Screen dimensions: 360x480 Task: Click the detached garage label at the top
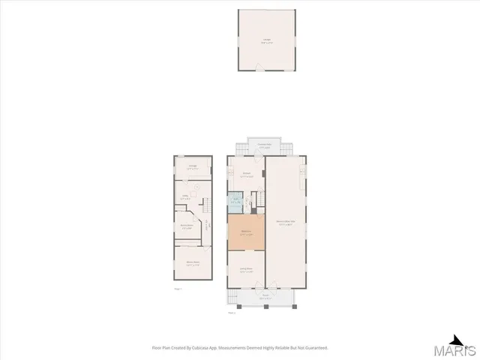point(266,39)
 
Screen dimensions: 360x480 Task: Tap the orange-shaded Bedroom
point(246,234)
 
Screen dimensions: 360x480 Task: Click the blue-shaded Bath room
point(235,201)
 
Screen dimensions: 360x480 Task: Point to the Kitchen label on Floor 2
point(246,174)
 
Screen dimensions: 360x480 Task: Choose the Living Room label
point(246,270)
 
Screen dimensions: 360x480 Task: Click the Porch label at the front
point(265,296)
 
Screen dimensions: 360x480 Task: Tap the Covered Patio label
point(264,145)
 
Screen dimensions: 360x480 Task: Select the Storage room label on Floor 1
point(193,166)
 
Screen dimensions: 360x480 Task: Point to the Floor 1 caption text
point(178,289)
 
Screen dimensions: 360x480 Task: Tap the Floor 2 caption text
point(232,313)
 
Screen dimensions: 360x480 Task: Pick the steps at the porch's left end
point(230,298)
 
